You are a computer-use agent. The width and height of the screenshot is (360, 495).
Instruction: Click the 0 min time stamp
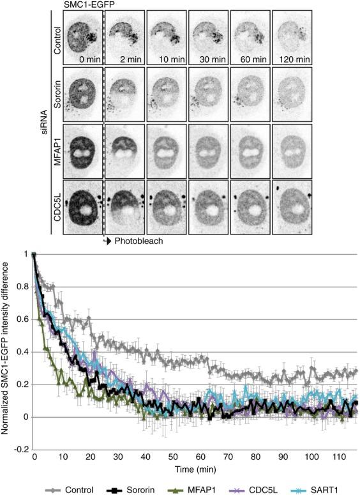point(84,60)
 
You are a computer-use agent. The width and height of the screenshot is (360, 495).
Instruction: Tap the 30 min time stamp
point(211,60)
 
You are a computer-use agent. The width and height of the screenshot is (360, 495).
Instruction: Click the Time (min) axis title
point(197,470)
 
